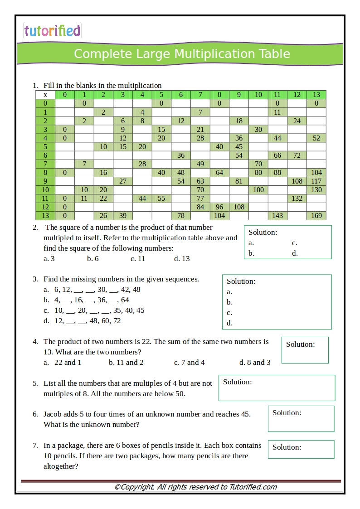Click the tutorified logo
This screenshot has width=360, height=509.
[52, 31]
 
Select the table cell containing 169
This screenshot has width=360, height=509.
[316, 216]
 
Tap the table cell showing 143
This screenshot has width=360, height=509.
[277, 216]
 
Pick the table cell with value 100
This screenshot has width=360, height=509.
[258, 190]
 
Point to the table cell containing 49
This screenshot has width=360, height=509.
[200, 164]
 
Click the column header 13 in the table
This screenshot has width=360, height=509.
[316, 95]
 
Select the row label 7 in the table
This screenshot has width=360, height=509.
[45, 164]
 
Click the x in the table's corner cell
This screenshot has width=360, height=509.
[45, 95]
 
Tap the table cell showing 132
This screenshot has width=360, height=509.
[297, 199]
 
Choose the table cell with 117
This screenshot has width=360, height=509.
[316, 181]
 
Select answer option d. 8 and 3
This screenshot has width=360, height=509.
[255, 363]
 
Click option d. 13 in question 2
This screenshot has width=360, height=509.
[182, 259]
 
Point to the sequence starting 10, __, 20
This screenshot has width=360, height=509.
[99, 310]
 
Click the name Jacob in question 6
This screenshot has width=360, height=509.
[53, 414]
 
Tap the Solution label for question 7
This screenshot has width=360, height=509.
[287, 447]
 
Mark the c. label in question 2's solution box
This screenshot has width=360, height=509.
[295, 243]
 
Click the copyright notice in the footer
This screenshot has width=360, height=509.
[195, 487]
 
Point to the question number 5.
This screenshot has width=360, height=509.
[35, 383]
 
